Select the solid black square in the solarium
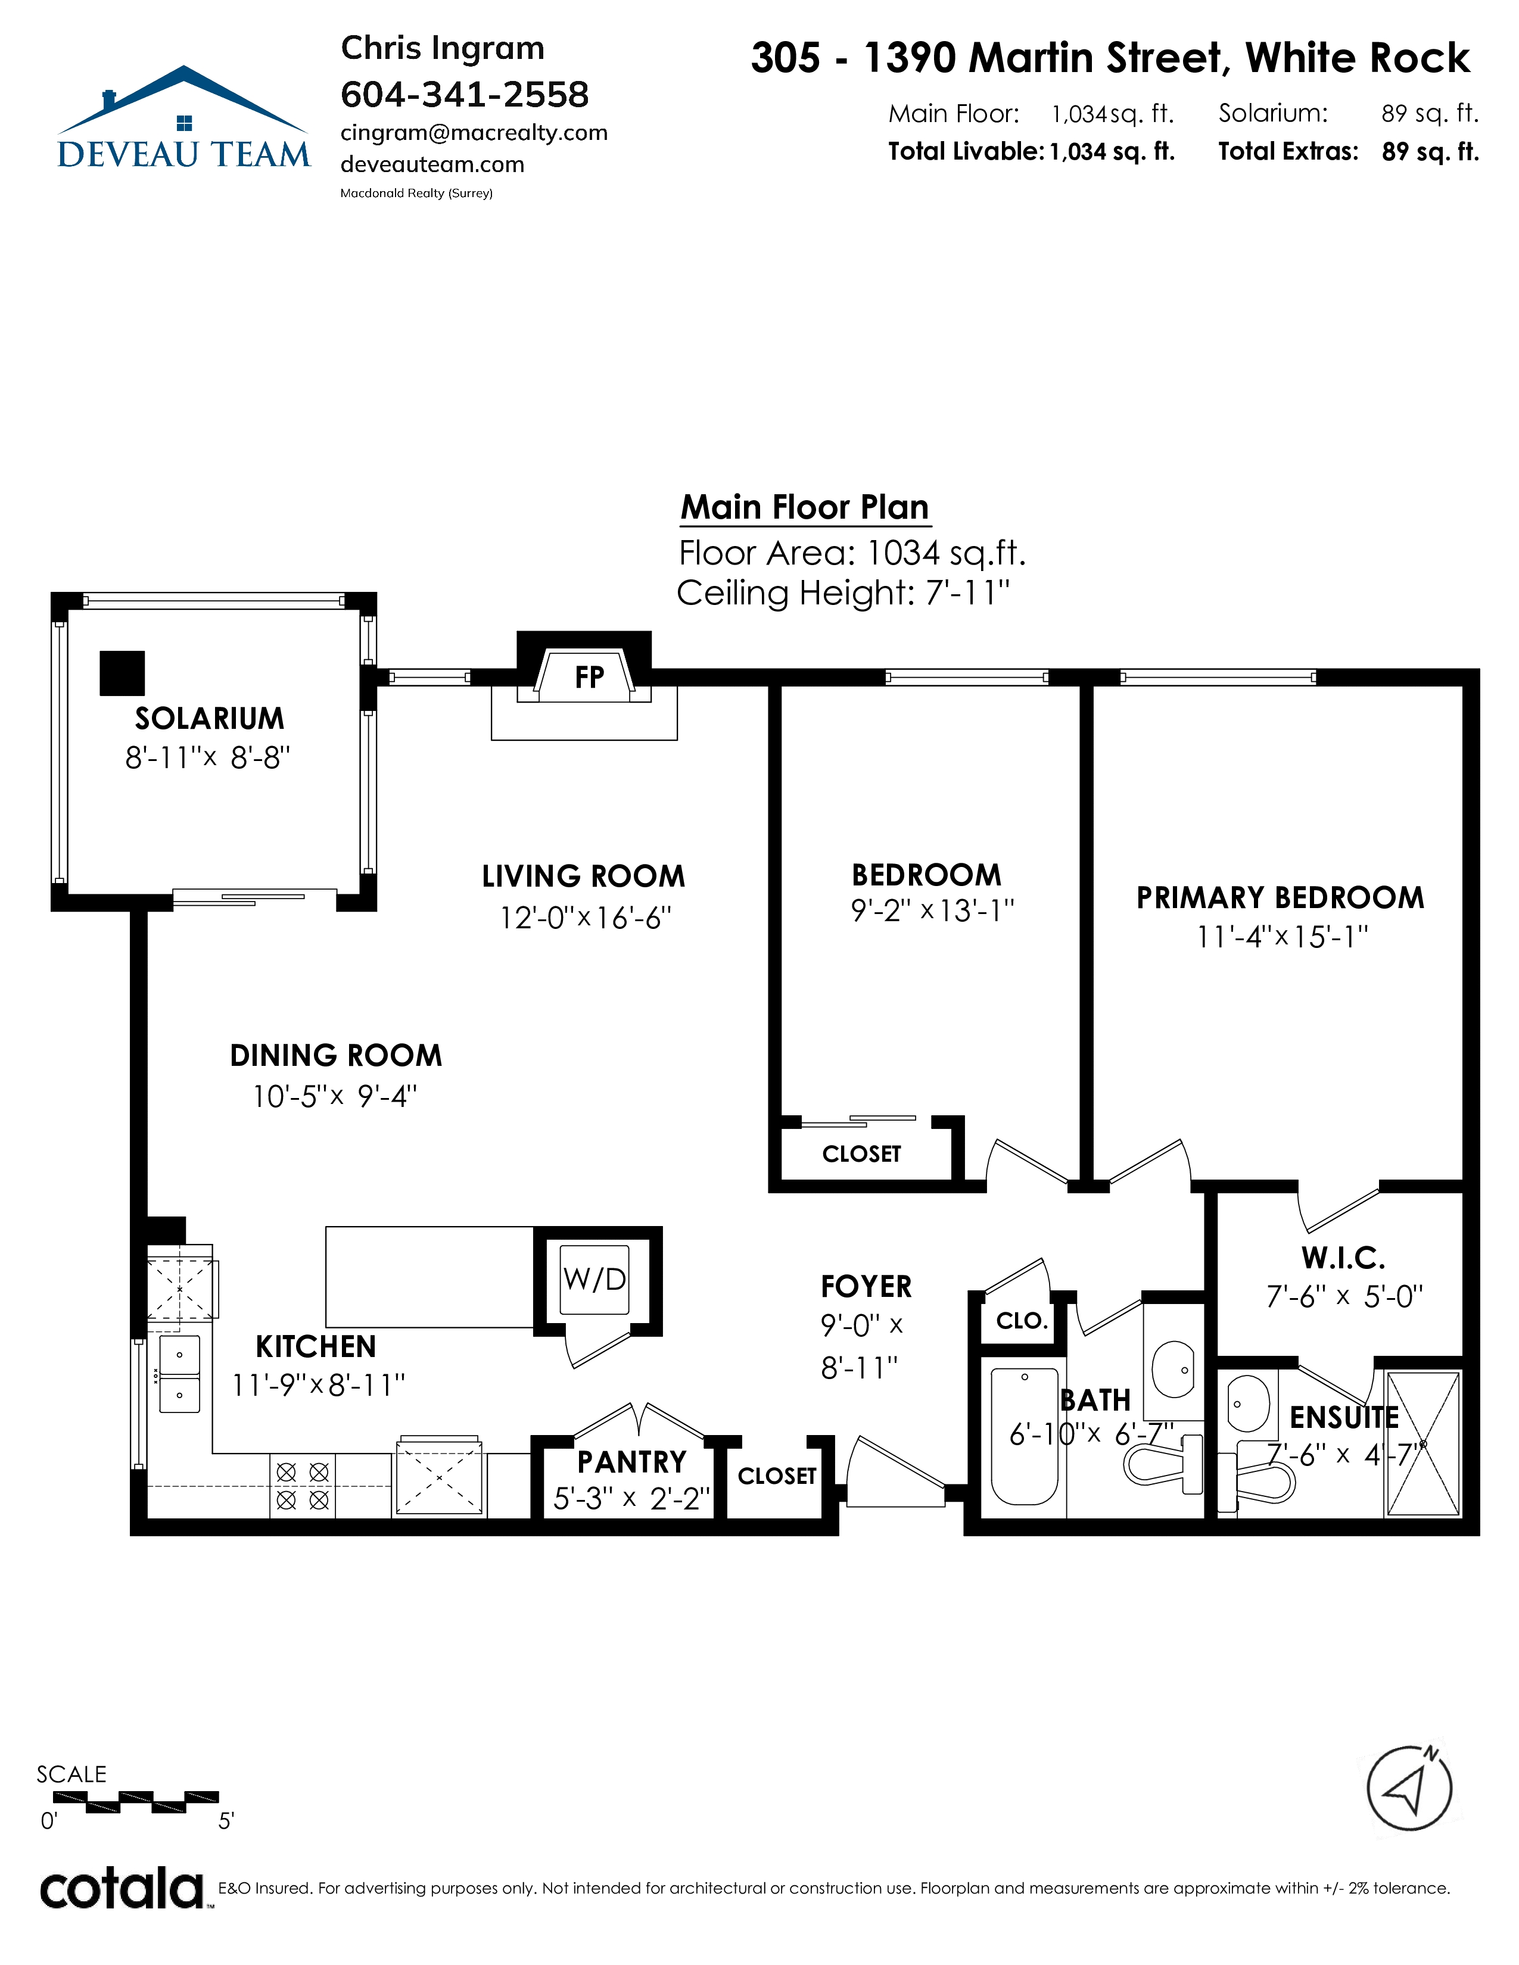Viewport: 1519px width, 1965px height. (122, 673)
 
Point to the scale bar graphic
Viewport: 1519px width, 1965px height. (136, 1802)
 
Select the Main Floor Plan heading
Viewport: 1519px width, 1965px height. (805, 507)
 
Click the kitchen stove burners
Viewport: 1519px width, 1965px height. (303, 1486)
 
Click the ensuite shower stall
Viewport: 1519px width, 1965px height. (1422, 1444)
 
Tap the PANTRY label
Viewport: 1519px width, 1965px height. (631, 1462)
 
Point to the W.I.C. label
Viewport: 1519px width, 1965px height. (1343, 1257)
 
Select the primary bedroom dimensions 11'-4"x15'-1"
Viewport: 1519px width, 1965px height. (1281, 937)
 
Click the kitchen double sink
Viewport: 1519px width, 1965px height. (180, 1374)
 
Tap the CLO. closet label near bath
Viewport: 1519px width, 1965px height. (1022, 1321)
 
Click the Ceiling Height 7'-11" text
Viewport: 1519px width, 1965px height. (843, 593)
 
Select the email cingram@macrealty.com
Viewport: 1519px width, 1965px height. (474, 133)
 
